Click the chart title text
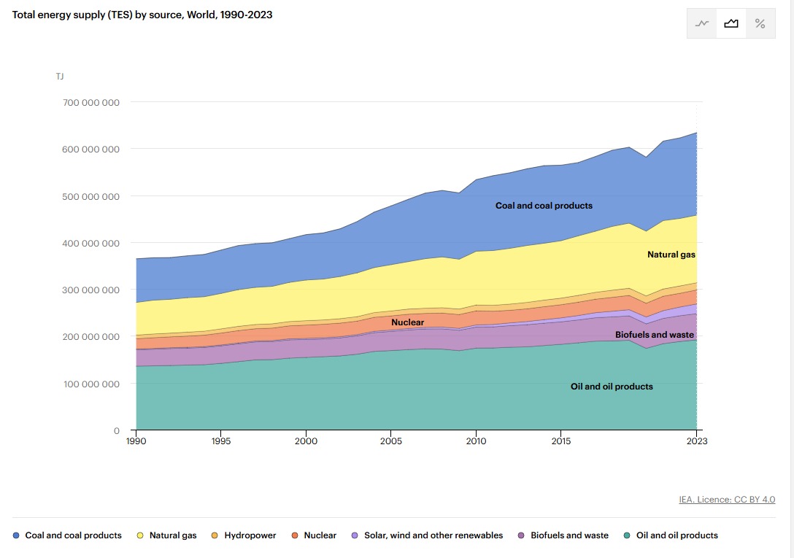point(142,15)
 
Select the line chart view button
point(702,23)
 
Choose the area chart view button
point(731,23)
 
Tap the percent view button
point(760,23)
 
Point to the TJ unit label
point(60,76)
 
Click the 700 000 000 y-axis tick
point(91,102)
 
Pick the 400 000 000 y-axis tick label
point(91,243)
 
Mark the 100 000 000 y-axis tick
point(91,384)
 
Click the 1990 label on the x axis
point(136,441)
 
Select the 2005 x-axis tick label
point(391,441)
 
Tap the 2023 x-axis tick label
point(697,441)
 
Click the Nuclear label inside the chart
point(407,322)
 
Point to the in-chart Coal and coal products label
point(544,206)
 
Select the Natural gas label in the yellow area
point(671,255)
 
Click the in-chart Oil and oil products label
point(612,387)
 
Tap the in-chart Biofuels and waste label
point(654,335)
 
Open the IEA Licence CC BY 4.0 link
point(727,500)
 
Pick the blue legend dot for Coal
point(16,535)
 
